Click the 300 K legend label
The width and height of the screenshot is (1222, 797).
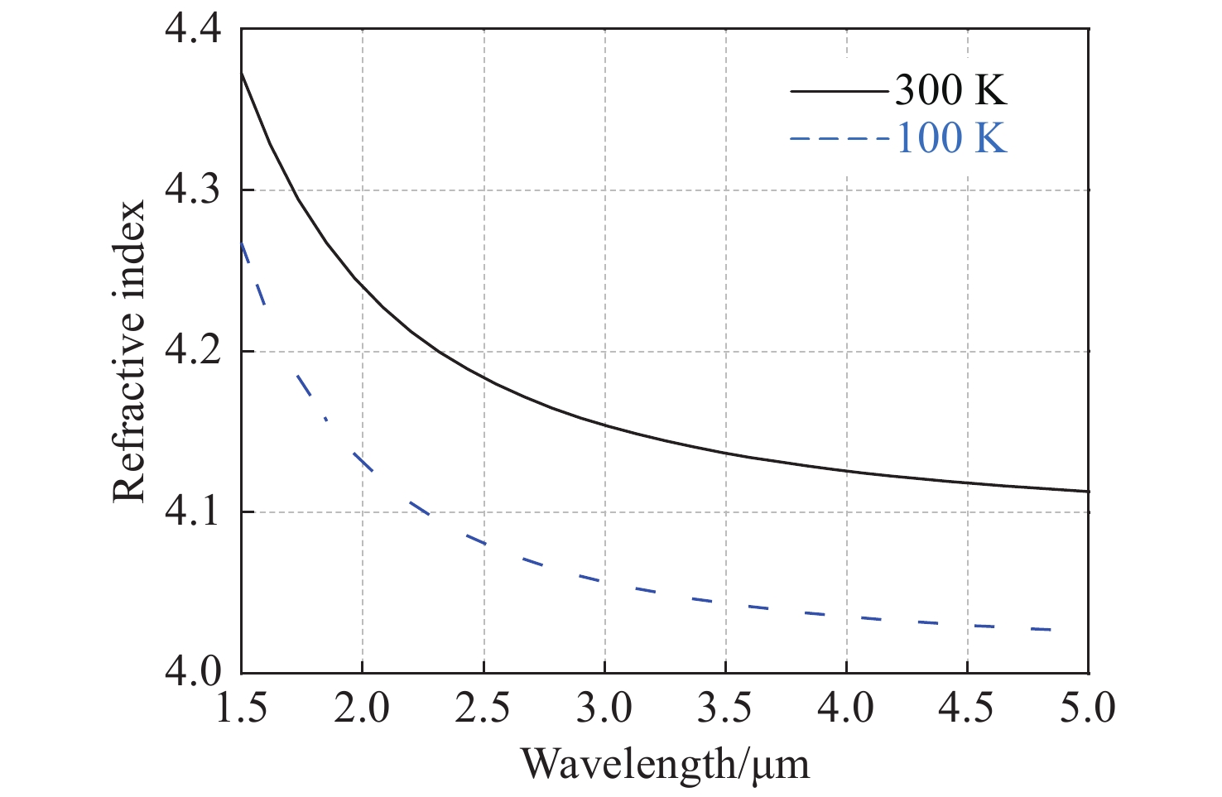(x=951, y=89)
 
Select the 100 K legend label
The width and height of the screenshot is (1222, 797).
(x=951, y=137)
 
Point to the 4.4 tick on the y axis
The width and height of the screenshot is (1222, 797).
(x=194, y=31)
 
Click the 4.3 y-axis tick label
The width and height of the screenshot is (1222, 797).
(x=194, y=191)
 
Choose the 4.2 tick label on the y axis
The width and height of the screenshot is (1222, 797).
(x=194, y=352)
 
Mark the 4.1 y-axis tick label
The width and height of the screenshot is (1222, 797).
(x=194, y=512)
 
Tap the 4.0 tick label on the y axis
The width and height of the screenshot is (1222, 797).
(x=194, y=673)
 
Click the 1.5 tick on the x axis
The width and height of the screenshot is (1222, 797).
(x=242, y=708)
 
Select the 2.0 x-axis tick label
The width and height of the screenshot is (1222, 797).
(x=363, y=708)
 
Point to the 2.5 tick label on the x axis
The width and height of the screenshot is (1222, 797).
(x=484, y=708)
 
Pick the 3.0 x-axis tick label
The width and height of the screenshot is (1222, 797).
(x=604, y=708)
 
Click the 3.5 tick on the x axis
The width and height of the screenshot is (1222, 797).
(x=726, y=708)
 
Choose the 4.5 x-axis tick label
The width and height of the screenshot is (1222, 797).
(x=968, y=708)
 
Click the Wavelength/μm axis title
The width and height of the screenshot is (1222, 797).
(x=665, y=763)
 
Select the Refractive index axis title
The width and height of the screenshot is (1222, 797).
(x=129, y=352)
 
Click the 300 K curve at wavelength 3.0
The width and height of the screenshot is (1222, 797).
(x=604, y=425)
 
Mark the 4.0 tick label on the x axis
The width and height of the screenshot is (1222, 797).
(x=847, y=708)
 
